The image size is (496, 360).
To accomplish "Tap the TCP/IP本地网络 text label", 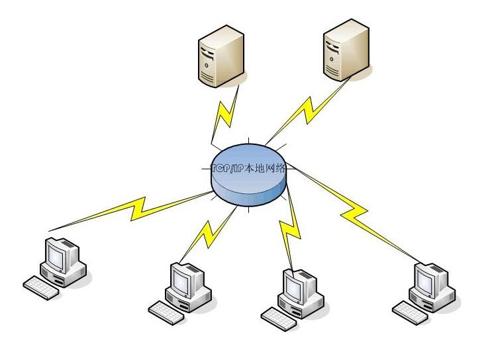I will tap(249, 168).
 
